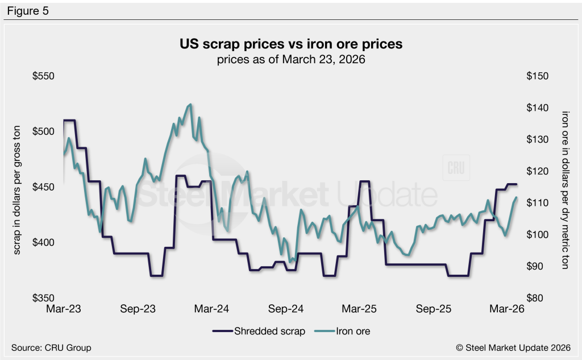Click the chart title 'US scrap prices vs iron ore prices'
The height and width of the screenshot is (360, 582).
click(290, 44)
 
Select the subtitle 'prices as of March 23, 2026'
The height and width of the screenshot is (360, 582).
click(290, 59)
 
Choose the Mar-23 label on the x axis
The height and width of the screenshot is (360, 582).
click(63, 309)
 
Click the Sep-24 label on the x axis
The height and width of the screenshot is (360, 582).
click(286, 309)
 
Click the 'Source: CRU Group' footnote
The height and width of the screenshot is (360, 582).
click(51, 347)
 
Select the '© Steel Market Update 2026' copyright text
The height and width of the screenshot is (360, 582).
click(516, 347)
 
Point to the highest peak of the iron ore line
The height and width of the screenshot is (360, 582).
click(190, 105)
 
